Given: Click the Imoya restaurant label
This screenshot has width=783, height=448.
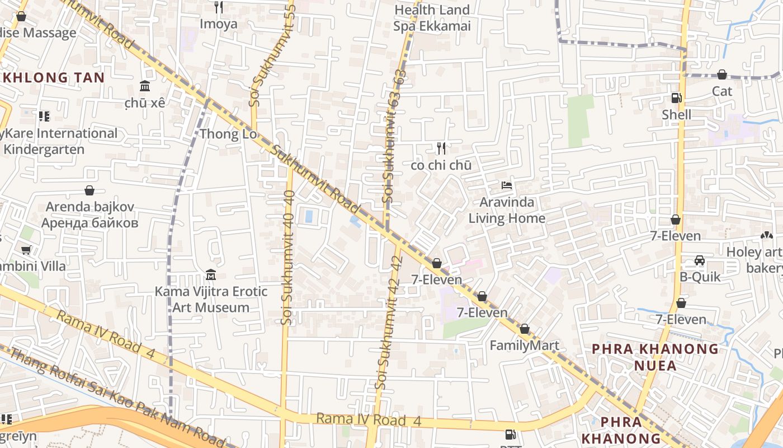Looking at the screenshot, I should tap(219, 24).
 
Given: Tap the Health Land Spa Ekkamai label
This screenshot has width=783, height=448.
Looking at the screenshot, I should tap(432, 18).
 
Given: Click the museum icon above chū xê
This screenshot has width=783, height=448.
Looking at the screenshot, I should tap(145, 86).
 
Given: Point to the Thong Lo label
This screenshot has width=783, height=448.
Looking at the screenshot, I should tap(228, 134).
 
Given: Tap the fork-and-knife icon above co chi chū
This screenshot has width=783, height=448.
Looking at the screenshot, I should tap(441, 148).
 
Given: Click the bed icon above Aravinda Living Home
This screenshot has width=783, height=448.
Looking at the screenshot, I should tap(507, 185).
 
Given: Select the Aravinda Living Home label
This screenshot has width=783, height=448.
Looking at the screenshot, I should tap(507, 210).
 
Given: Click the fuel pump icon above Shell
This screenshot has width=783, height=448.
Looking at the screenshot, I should tap(676, 98).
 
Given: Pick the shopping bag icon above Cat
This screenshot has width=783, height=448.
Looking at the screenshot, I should tap(722, 74).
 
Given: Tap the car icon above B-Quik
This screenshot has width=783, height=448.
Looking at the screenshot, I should tap(700, 260).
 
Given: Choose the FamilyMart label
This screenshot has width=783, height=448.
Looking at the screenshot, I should tap(524, 346).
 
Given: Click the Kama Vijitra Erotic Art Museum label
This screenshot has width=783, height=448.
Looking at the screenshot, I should tap(211, 300).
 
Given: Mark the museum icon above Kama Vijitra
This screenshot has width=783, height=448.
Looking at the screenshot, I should tap(211, 275).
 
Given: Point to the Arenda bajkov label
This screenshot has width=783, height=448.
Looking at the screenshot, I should tap(89, 214).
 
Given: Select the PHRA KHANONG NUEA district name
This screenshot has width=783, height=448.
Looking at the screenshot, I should tap(655, 357).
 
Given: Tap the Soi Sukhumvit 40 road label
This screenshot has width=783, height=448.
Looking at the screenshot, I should tap(289, 257).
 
